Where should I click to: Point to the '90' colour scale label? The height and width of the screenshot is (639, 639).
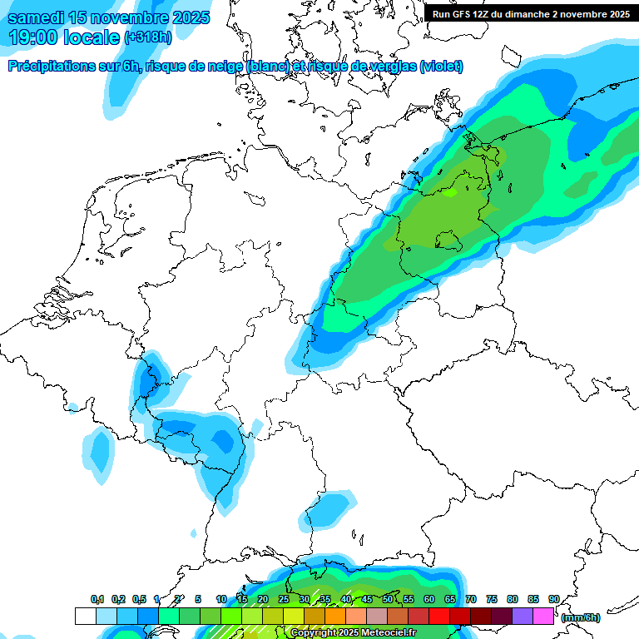point(554,599)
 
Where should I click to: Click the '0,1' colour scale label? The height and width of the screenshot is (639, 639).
point(97,599)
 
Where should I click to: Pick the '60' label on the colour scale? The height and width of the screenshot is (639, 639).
point(429,599)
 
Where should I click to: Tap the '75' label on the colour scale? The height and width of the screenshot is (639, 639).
point(492,599)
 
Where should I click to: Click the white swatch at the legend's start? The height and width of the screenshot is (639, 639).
point(85,616)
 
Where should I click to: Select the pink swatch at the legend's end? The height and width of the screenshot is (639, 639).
point(543,616)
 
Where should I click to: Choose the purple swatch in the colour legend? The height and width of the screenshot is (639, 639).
point(523,616)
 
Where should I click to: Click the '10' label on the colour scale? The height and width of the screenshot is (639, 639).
point(221,599)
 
